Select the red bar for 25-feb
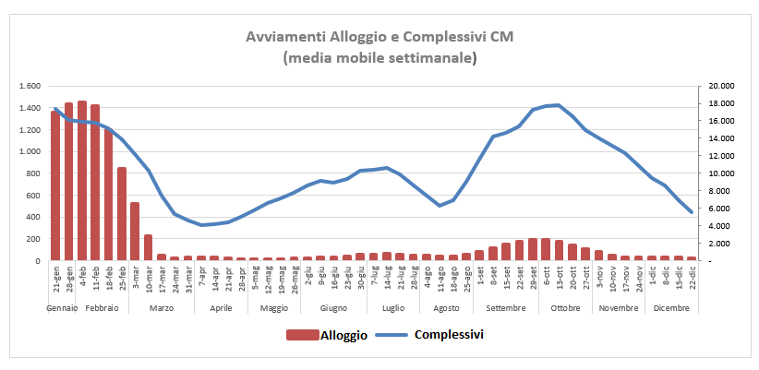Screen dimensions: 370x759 121,214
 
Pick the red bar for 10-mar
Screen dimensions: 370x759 148,247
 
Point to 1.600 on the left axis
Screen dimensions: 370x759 30,86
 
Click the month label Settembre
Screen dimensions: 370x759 505,307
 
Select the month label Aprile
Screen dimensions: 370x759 221,307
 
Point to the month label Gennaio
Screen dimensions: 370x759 62,307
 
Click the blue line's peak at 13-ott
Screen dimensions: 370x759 559,105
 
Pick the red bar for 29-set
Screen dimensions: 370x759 533,249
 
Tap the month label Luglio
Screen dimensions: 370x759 392,307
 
